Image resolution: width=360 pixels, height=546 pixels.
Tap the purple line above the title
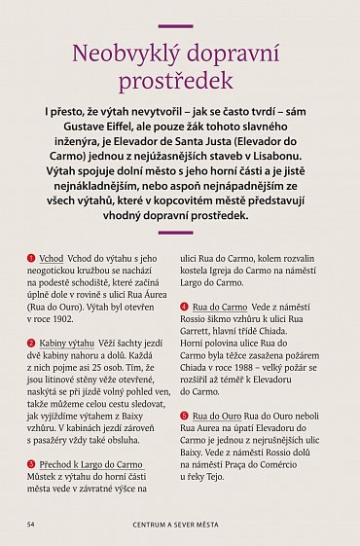click(x=180, y=26)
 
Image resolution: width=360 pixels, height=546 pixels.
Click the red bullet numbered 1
click(x=31, y=258)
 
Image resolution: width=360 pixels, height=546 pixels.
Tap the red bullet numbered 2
click(x=31, y=343)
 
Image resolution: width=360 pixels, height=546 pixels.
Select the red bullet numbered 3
click(x=31, y=464)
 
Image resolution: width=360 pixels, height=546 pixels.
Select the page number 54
click(x=31, y=523)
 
